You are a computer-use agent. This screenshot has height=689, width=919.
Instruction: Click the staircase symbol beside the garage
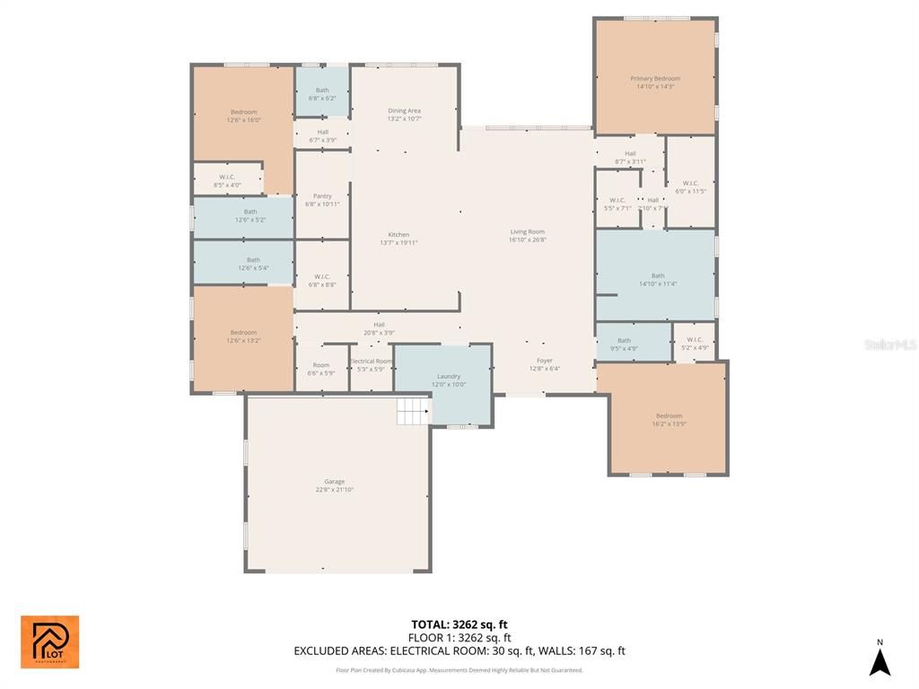[414, 413]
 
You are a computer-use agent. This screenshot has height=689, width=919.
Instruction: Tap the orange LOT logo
[49, 642]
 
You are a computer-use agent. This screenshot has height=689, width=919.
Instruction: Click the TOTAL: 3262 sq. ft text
[459, 624]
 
